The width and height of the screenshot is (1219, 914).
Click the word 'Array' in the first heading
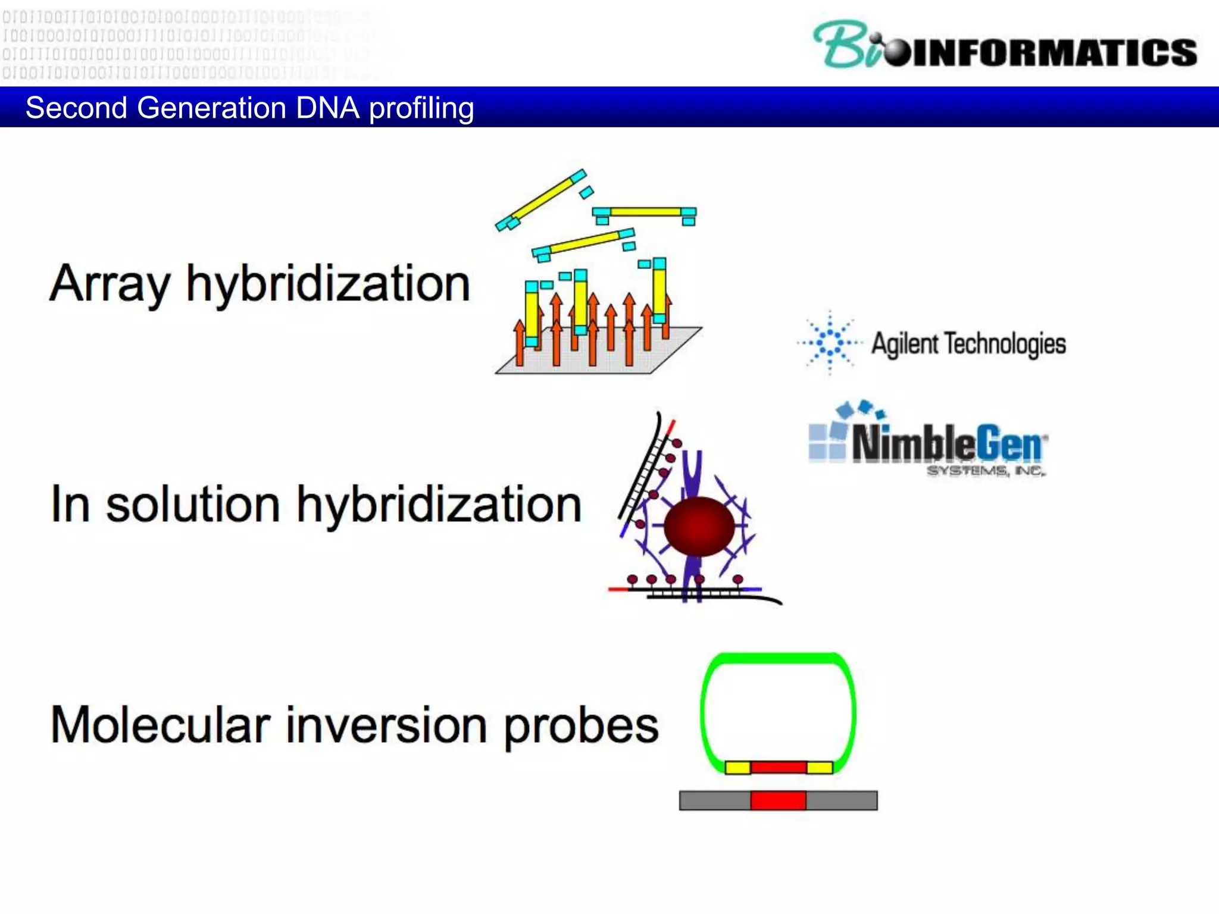[x=110, y=284]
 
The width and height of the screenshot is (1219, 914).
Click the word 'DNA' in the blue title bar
[x=327, y=108]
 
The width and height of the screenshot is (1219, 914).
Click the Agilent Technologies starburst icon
[x=830, y=343]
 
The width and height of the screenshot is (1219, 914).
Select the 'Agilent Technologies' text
[x=968, y=344]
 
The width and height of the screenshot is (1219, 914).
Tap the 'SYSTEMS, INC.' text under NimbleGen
[x=985, y=471]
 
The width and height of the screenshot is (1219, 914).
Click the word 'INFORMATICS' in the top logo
[x=1054, y=52]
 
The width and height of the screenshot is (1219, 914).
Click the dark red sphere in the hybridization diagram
[x=699, y=526]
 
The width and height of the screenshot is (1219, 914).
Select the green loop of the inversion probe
[x=777, y=658]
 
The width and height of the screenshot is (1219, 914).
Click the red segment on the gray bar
[x=778, y=800]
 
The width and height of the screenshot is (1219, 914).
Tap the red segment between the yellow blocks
[x=778, y=767]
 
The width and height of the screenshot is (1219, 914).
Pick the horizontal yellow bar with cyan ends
[x=645, y=212]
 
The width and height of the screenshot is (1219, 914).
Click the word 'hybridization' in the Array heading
[x=328, y=284]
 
